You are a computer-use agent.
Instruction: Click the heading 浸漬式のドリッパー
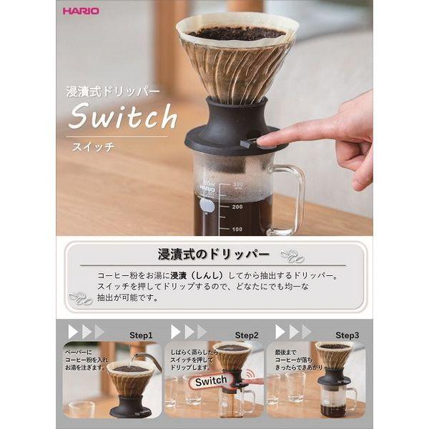(x=213, y=254)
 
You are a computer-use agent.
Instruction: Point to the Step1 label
(x=140, y=335)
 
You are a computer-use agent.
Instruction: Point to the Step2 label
(x=247, y=335)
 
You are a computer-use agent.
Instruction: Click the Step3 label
(x=347, y=335)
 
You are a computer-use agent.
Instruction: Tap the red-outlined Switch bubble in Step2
(x=210, y=380)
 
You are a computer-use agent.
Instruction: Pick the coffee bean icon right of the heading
(x=291, y=256)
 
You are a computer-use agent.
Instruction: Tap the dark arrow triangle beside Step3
(x=280, y=332)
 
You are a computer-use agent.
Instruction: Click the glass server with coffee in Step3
(x=333, y=400)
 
